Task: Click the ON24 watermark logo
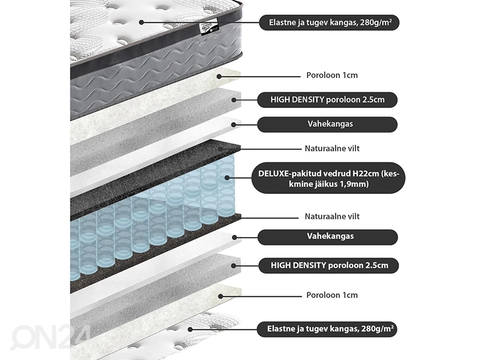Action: tap(50, 338)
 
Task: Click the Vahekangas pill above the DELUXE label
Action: tap(328, 124)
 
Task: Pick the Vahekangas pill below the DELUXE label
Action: tap(328, 236)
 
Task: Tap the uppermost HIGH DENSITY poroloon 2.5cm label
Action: tap(328, 100)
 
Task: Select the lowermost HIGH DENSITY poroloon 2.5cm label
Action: tap(328, 265)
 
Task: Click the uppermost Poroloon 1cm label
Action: tap(332, 75)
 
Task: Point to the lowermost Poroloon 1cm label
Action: tap(332, 295)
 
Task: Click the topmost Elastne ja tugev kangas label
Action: tap(329, 23)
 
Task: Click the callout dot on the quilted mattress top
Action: tap(141, 23)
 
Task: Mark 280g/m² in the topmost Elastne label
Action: tap(377, 23)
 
